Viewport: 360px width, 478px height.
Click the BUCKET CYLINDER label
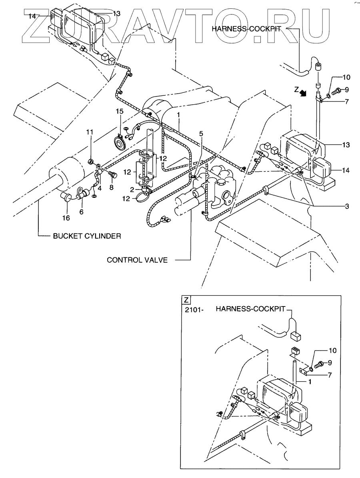[86, 236]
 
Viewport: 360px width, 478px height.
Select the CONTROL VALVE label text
[136, 260]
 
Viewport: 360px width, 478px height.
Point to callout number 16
[66, 217]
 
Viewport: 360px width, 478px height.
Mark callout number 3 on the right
[347, 206]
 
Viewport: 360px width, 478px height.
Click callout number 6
[81, 212]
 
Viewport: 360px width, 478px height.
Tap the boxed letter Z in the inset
[186, 299]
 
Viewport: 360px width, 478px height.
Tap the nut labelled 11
[91, 161]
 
